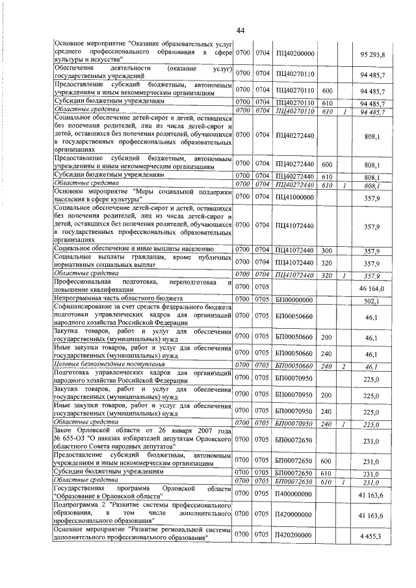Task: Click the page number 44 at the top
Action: click(239, 31)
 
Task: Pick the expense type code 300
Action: click(327, 249)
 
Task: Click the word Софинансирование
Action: click(84, 307)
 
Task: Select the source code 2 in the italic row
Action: click(344, 366)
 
